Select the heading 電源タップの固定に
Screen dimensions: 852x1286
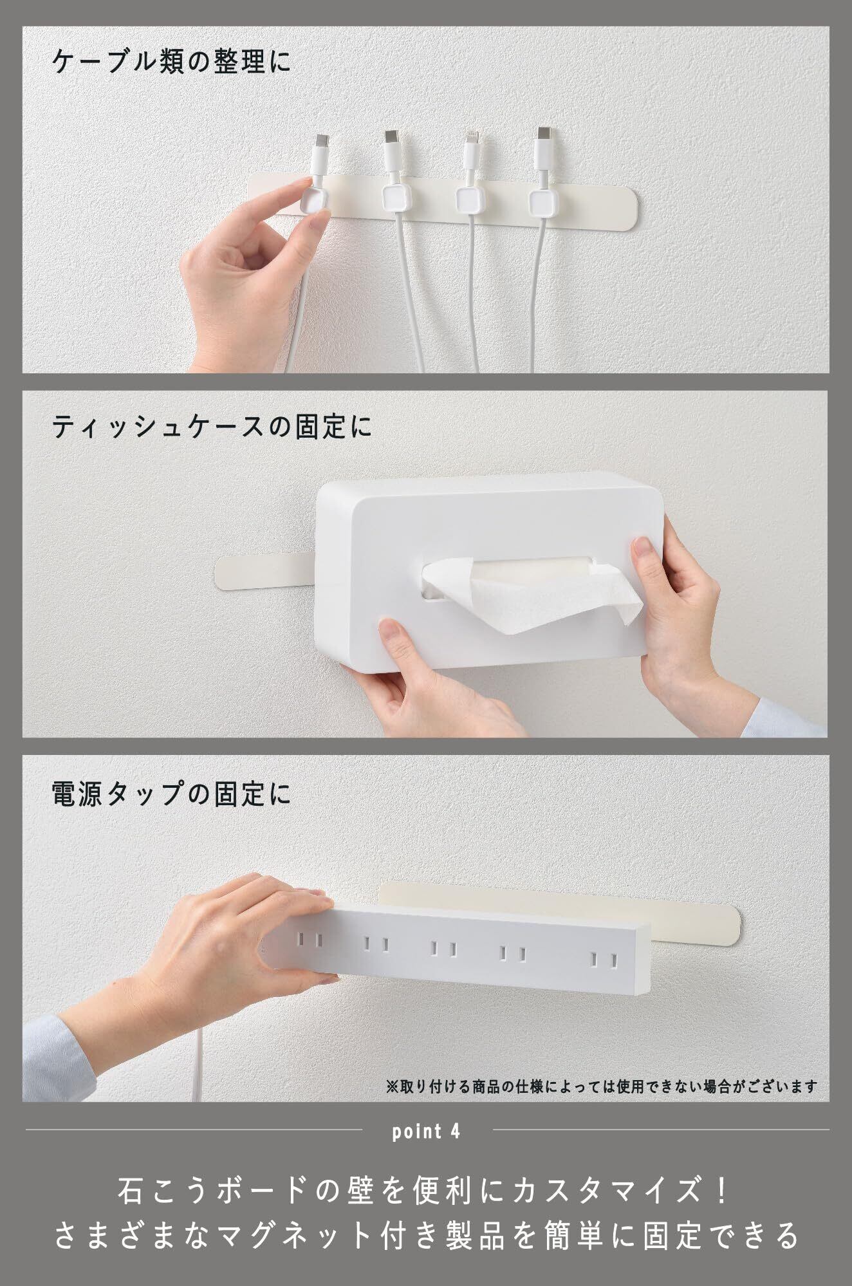pyautogui.click(x=172, y=794)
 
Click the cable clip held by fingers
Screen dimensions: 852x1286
pyautogui.click(x=312, y=200)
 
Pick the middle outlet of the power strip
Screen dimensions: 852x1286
pyautogui.click(x=443, y=949)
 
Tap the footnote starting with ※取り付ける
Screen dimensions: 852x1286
pyautogui.click(x=602, y=1087)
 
